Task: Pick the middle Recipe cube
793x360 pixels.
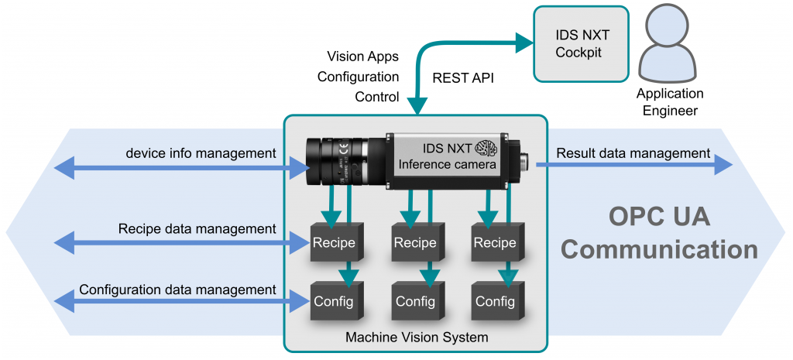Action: [x=415, y=243]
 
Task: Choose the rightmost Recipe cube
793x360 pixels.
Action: [x=495, y=243]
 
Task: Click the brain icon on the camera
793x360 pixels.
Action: [x=486, y=147]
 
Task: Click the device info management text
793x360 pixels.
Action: [x=201, y=153]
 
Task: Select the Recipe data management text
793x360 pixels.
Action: [x=197, y=228]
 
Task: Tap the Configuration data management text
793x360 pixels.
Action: [x=177, y=290]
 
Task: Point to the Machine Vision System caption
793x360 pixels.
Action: [x=416, y=337]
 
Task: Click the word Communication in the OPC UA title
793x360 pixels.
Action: [x=659, y=249]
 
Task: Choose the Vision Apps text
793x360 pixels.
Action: [x=363, y=57]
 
